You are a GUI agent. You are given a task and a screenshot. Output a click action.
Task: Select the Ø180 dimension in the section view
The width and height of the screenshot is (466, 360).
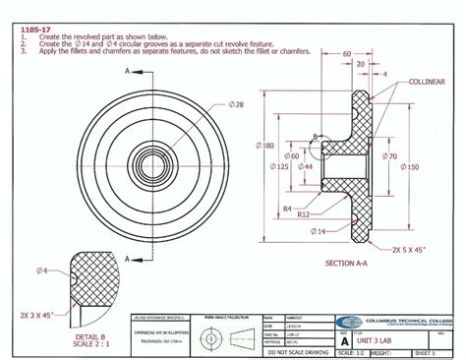coord(266,146)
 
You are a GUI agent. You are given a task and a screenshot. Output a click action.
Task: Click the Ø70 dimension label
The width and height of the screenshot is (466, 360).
coord(391,156)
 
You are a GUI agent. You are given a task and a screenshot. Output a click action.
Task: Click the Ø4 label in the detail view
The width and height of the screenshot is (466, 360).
coord(42,270)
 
